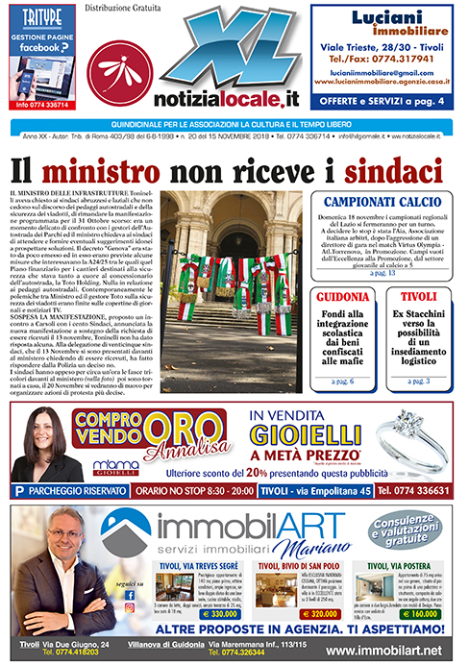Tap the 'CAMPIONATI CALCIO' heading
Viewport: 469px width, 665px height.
pyautogui.click(x=386, y=203)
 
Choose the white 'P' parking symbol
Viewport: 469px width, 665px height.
pyautogui.click(x=20, y=491)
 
